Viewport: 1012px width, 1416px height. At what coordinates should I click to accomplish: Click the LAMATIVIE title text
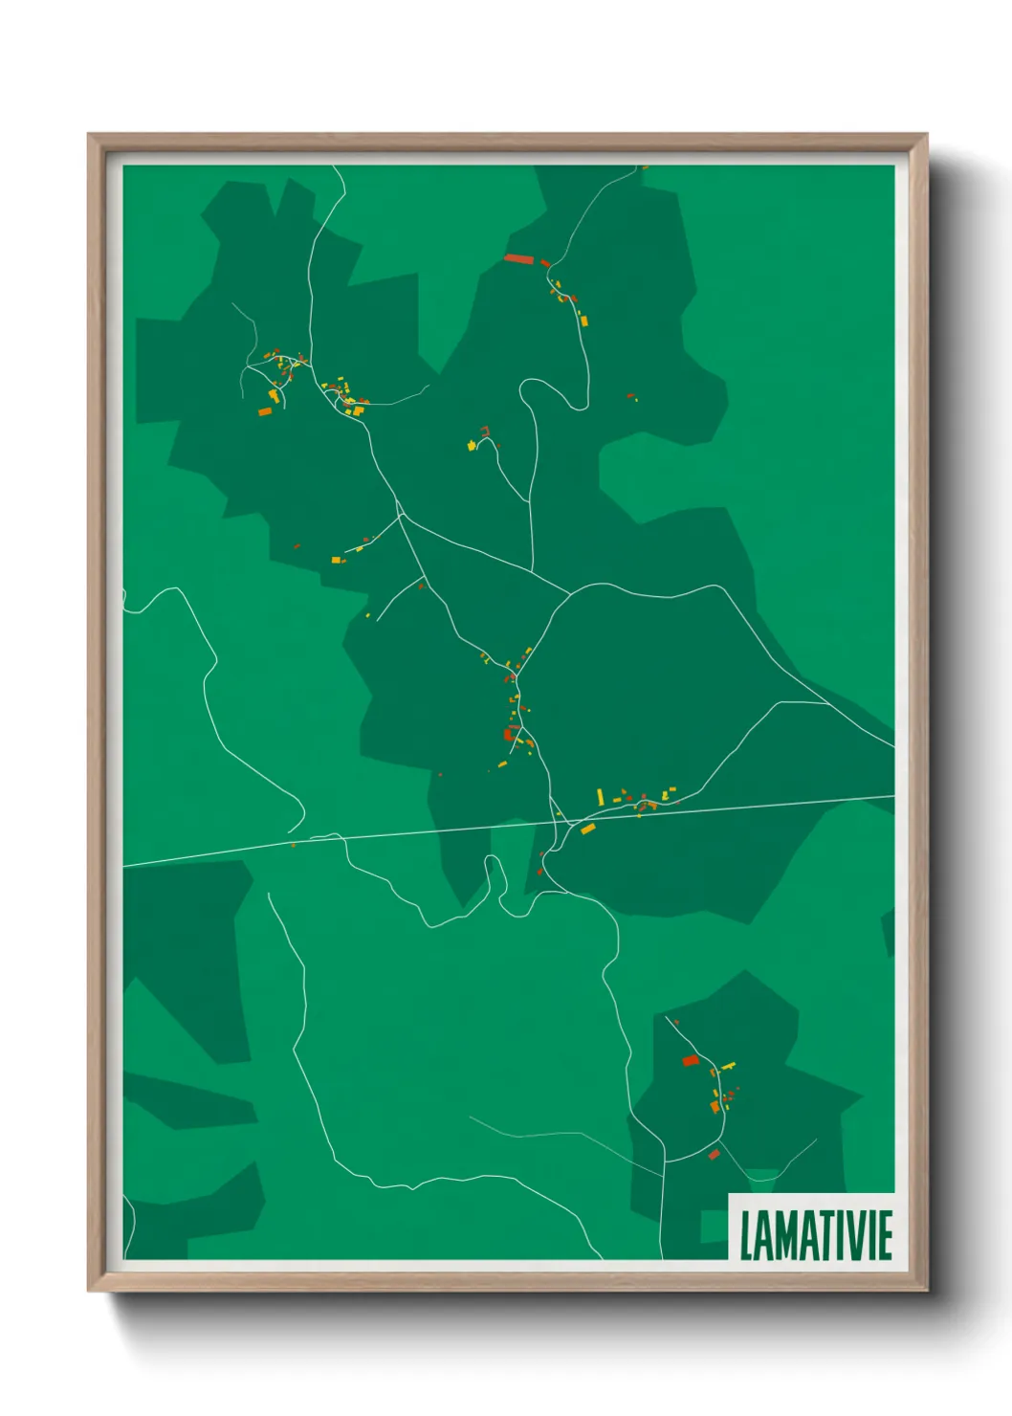coord(816,1235)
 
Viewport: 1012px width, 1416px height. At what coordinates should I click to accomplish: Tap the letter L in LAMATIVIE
coord(747,1235)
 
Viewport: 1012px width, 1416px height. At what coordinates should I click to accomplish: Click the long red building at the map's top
coord(517,257)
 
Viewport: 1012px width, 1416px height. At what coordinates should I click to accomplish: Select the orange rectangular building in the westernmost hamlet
coord(265,411)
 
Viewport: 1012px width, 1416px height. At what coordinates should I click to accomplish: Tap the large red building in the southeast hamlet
coord(691,1060)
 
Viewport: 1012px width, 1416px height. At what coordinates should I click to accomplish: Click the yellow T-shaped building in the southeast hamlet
coord(729,1065)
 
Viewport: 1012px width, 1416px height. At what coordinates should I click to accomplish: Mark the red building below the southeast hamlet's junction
coord(714,1155)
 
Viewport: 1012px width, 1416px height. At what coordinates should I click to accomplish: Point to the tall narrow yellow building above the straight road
coord(600,796)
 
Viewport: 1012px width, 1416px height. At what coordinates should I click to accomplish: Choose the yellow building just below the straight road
coord(588,829)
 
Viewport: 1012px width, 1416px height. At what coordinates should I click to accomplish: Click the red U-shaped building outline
coord(485,431)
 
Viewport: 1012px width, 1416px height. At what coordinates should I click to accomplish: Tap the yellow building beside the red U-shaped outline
coord(472,445)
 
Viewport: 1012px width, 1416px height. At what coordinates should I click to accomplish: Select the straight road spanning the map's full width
coord(727,807)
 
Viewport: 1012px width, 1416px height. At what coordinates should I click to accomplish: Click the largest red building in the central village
coord(508,735)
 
